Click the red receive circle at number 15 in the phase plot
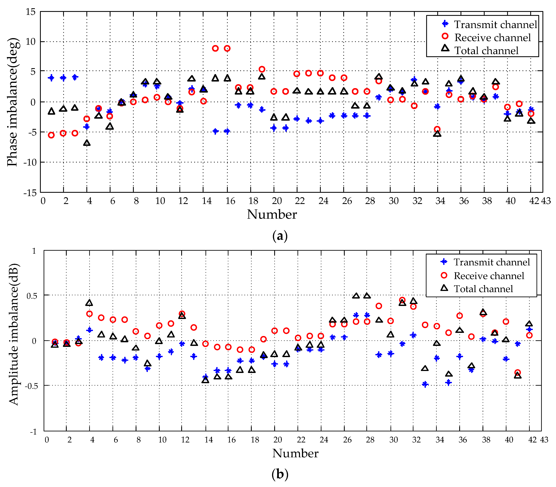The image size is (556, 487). [215, 48]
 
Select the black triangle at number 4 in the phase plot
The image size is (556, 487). [87, 143]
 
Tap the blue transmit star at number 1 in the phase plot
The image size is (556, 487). [51, 78]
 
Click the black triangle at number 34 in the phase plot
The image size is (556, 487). [437, 134]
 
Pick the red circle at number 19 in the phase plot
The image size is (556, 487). [262, 69]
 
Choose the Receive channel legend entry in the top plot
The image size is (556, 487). [487, 37]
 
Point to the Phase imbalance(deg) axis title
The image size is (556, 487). [13, 102]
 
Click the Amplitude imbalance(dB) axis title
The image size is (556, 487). [14, 334]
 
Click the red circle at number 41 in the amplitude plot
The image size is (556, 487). [518, 372]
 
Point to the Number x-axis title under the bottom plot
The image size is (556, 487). [295, 453]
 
